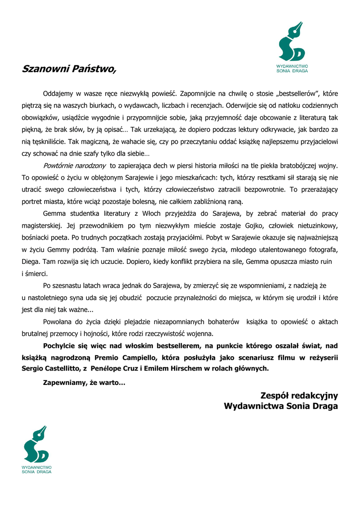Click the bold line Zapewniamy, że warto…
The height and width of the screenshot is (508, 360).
pos(84,382)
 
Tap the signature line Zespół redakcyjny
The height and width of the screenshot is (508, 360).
pos(299,395)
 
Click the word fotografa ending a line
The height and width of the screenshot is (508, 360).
pos(321,249)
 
